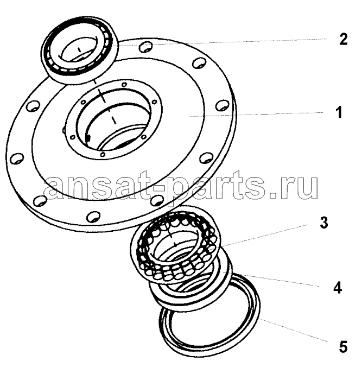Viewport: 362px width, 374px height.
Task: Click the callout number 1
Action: click(x=339, y=112)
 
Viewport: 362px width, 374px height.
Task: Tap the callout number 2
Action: click(x=344, y=39)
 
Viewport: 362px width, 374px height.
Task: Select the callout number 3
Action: click(x=323, y=223)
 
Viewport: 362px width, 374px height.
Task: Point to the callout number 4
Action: click(x=338, y=287)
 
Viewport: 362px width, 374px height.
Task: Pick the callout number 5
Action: click(x=343, y=347)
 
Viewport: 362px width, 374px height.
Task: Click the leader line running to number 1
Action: click(x=256, y=114)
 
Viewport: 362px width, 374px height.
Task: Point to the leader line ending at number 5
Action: click(x=293, y=329)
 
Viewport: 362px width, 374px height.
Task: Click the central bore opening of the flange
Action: click(x=117, y=122)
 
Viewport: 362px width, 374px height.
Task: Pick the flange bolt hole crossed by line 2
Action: click(x=145, y=47)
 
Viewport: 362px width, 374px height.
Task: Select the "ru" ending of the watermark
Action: click(x=301, y=188)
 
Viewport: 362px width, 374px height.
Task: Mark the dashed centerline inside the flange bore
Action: click(x=105, y=102)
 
